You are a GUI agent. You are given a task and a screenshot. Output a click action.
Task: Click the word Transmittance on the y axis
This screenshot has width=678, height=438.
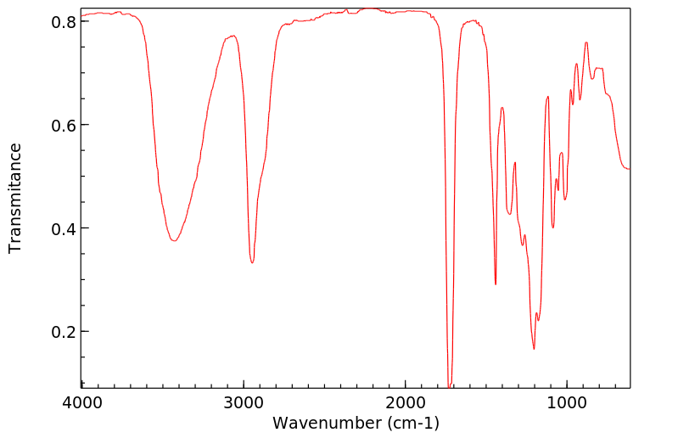click(15, 198)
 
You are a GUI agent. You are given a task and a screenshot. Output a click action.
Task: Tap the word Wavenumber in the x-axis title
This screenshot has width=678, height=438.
click(327, 422)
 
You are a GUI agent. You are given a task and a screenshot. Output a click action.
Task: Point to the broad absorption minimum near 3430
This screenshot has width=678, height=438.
click(174, 241)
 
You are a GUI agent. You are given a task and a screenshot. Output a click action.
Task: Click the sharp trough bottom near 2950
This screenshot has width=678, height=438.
click(252, 263)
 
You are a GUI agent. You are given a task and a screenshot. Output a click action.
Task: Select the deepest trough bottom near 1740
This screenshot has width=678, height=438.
click(450, 386)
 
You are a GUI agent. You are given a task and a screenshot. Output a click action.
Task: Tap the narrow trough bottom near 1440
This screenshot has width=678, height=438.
click(496, 284)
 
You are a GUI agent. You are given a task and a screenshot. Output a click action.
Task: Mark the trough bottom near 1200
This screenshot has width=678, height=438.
click(534, 349)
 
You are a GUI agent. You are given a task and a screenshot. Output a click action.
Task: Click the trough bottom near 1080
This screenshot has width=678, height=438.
click(553, 227)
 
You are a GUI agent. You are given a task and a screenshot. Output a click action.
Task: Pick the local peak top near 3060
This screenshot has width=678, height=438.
click(233, 36)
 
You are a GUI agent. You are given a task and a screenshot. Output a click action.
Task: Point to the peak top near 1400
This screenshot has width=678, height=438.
click(502, 107)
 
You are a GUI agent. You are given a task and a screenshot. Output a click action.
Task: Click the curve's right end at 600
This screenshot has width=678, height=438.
click(630, 169)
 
